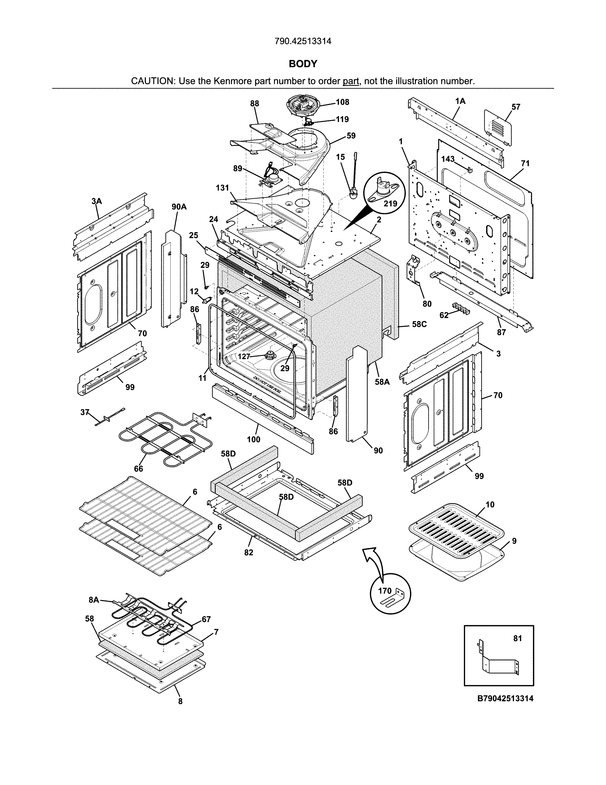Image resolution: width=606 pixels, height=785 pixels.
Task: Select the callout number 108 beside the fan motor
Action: coord(342,102)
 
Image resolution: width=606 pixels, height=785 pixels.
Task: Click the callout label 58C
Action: coord(419,324)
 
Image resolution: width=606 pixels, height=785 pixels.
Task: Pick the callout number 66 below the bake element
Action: coord(139,469)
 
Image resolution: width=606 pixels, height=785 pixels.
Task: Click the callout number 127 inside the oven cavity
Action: coord(244,357)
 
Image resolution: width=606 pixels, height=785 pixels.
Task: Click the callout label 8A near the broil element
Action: coord(94,600)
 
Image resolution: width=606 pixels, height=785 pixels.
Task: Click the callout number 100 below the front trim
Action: coord(254,439)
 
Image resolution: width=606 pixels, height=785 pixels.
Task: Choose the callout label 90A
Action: coord(179,207)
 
